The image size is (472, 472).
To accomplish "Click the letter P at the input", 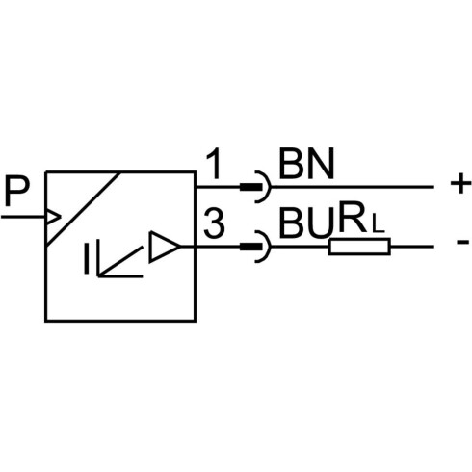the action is pyautogui.click(x=17, y=192).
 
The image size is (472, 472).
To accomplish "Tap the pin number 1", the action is pyautogui.click(x=215, y=164).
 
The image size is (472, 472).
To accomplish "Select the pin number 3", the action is pyautogui.click(x=214, y=223).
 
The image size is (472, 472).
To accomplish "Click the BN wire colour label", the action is pyautogui.click(x=306, y=164).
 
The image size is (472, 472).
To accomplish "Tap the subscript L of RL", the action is pyautogui.click(x=377, y=224).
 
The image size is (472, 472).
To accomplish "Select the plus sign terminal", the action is pyautogui.click(x=460, y=184).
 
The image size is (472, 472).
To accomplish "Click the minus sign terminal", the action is pyautogui.click(x=462, y=242).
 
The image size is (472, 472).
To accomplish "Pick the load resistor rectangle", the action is pyautogui.click(x=359, y=247).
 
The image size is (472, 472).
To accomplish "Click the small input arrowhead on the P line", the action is pyautogui.click(x=54, y=217).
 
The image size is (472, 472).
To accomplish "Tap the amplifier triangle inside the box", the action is pyautogui.click(x=164, y=247).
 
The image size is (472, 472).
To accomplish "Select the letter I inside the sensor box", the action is pyautogui.click(x=87, y=258).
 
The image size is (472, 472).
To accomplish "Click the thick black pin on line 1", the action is pyautogui.click(x=251, y=187).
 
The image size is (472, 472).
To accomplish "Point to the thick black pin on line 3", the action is pyautogui.click(x=251, y=247).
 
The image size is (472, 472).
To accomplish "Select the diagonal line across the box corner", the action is pyautogui.click(x=84, y=209).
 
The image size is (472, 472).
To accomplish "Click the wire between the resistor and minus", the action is pyautogui.click(x=412, y=247).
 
